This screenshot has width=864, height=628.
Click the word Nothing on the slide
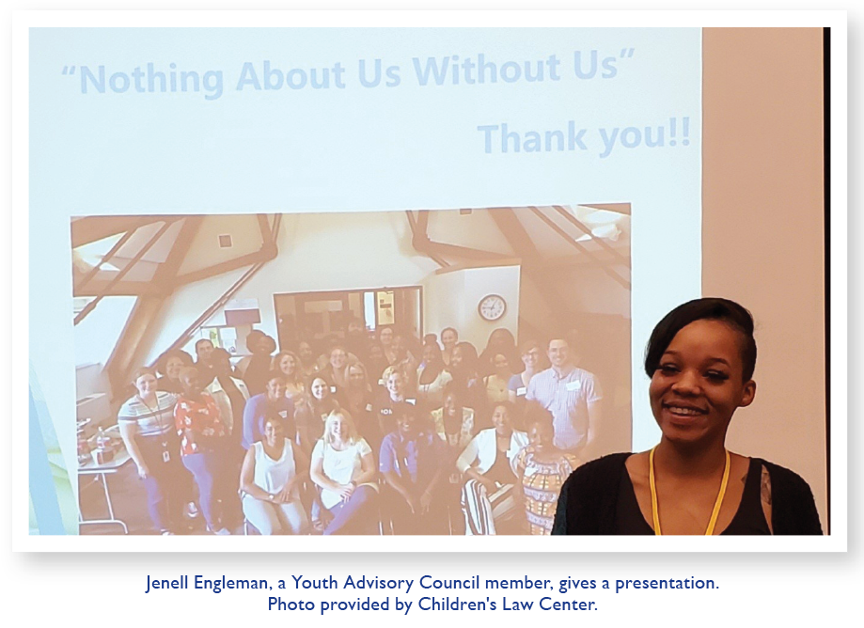(151, 79)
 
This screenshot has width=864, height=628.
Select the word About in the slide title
(291, 75)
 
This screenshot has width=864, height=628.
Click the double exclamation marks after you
(680, 133)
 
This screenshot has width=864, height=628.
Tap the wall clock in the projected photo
(492, 307)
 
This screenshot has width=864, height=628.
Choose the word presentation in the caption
(667, 584)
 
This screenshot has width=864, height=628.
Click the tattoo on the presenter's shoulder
(766, 485)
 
